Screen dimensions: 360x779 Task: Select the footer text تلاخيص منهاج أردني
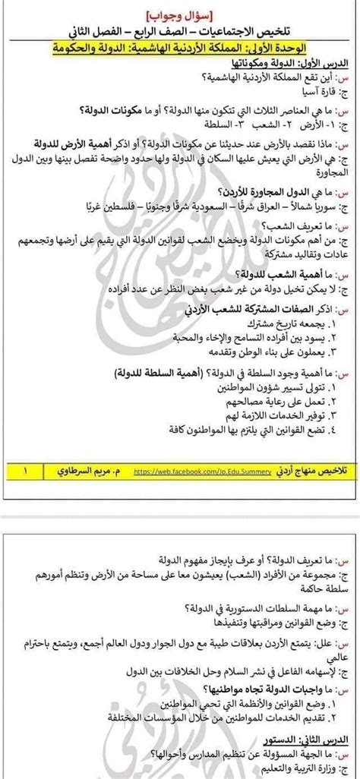point(302,471)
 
